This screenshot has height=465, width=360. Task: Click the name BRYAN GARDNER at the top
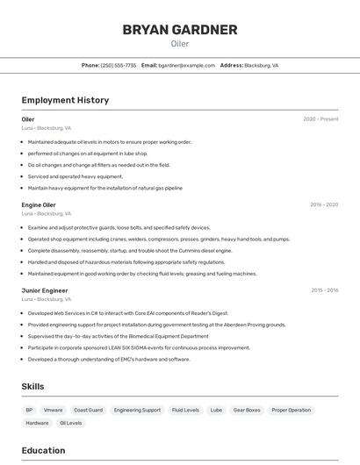(180, 30)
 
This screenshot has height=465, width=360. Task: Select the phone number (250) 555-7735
(119, 65)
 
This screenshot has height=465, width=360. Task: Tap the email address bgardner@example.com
(186, 65)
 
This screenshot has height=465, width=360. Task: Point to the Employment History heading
(65, 100)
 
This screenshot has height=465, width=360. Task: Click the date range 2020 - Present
(320, 119)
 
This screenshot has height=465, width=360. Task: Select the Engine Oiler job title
(39, 204)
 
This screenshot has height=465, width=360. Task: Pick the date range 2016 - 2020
(323, 204)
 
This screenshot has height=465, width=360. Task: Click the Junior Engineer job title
(45, 290)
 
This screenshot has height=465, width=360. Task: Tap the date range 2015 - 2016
(324, 290)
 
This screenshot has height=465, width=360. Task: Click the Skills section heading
(32, 386)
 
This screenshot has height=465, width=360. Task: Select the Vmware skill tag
(53, 410)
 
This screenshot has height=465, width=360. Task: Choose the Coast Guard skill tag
(88, 410)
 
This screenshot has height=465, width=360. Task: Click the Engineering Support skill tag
(137, 410)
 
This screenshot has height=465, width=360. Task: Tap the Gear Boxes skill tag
(247, 410)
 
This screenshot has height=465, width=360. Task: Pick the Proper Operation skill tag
(291, 410)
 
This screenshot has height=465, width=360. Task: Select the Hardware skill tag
(37, 423)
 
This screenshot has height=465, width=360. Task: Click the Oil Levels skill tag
(70, 423)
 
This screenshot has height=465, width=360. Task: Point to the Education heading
(43, 450)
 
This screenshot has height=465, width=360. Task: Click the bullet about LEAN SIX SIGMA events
(139, 347)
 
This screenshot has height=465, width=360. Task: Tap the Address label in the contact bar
(231, 65)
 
